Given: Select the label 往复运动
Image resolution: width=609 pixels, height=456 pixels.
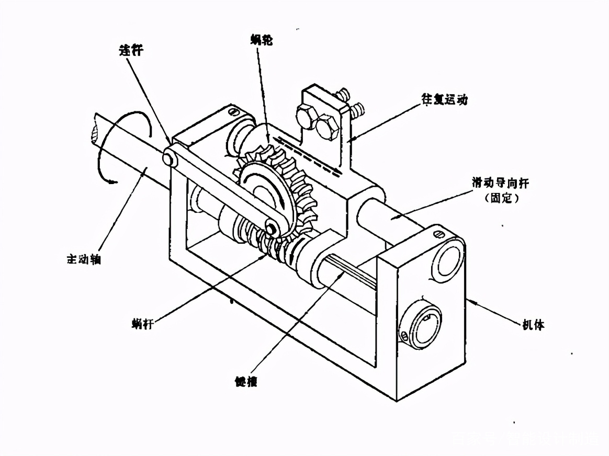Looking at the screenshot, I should pos(444,99).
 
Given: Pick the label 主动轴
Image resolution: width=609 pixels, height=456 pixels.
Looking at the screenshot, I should pos(84,258).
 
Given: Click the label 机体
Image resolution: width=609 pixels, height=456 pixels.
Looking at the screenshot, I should pos(533,325).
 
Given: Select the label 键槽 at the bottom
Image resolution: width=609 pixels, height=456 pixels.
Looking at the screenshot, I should pos(246,380).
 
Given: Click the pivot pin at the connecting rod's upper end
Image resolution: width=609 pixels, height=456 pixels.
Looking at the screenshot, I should pos(168,158).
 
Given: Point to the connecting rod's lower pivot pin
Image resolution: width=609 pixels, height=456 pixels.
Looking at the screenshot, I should pos(271,227).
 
